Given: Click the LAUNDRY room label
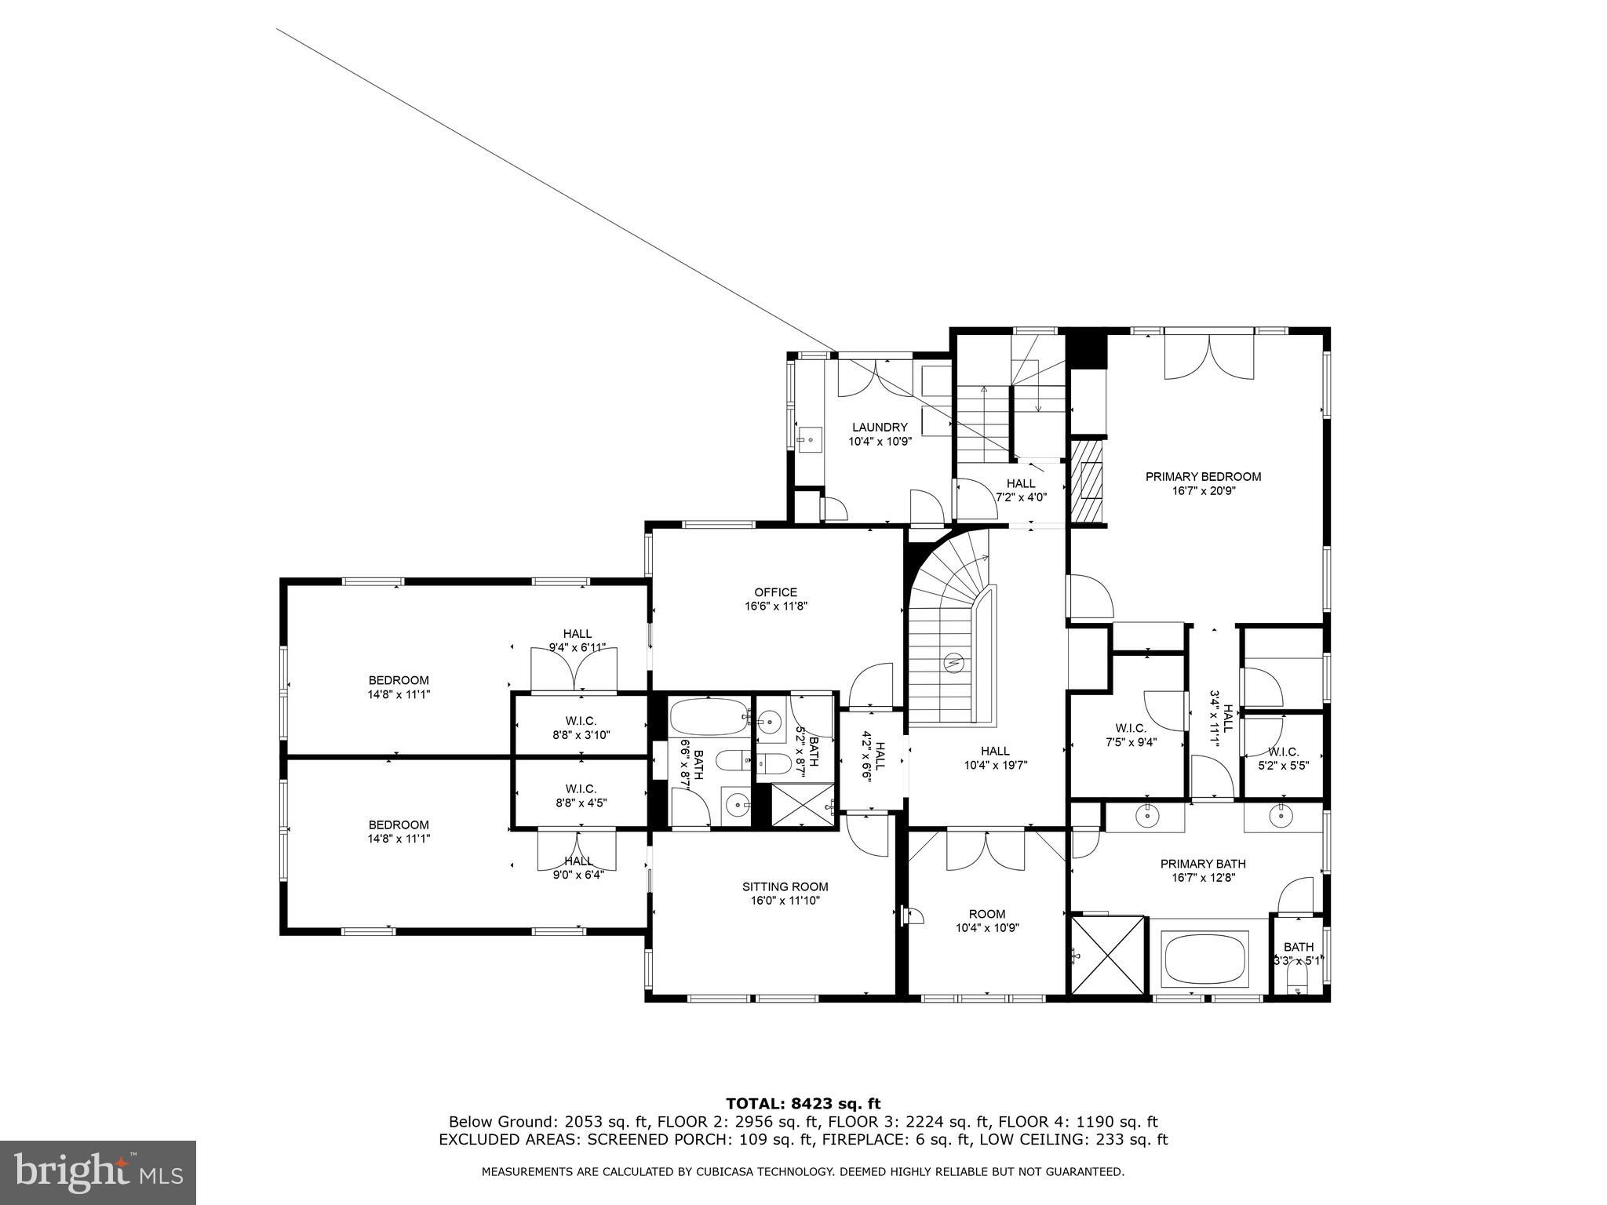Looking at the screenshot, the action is [880, 428].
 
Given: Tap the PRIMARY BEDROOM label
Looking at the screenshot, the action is [1203, 476].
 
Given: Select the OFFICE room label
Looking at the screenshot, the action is [776, 592].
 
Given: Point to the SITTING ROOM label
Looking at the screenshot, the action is [785, 886].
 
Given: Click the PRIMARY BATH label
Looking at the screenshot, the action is [1203, 864].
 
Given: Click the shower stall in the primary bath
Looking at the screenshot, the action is [1108, 955].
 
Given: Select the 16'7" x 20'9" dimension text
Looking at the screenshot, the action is [1203, 490].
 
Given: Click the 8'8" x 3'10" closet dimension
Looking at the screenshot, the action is [581, 735].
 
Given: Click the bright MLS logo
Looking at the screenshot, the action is [99, 1172].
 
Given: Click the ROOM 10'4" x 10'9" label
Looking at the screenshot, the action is [987, 920].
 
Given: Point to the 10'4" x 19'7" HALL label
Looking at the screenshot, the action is [995, 758].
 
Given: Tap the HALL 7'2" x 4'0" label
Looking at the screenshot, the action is [1021, 490].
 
